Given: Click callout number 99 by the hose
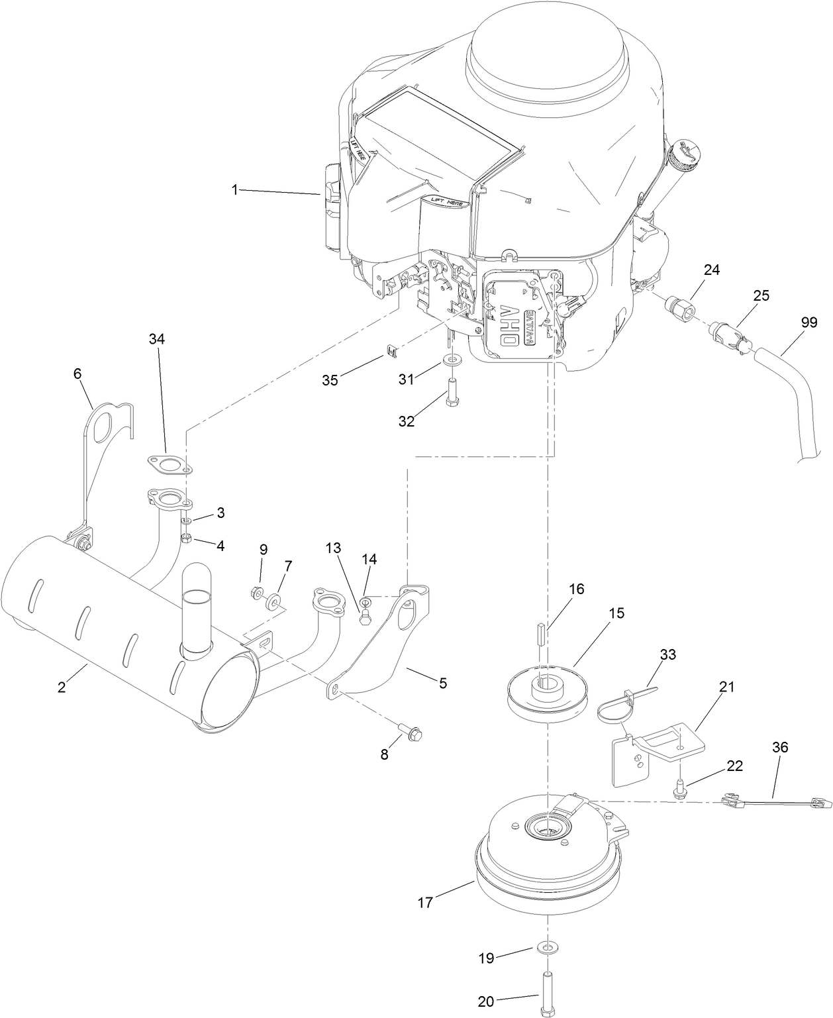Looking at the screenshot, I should pos(808,324).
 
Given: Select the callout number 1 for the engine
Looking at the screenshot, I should pos(234,189).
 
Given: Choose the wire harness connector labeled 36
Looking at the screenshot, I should pos(771,803).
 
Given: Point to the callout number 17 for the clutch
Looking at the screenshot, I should pos(425,902).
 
